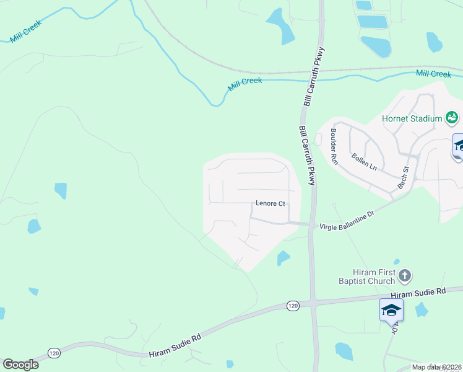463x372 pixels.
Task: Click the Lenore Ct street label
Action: (271, 203)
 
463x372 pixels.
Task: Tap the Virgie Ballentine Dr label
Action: (347, 221)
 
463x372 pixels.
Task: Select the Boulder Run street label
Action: (334, 146)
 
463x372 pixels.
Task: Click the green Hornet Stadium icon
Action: (452, 117)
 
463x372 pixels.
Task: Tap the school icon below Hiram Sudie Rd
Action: (391, 309)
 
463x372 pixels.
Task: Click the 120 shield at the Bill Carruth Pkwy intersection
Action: (293, 306)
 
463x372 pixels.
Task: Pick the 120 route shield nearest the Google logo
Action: (54, 353)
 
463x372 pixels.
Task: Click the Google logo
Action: (20, 365)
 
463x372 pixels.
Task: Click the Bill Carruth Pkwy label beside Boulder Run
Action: (307, 156)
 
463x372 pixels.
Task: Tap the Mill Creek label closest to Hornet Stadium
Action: (433, 74)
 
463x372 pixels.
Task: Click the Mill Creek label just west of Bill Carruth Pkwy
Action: (244, 84)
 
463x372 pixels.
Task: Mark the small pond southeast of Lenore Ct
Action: (282, 257)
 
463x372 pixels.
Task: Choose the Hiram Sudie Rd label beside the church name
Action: (419, 292)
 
